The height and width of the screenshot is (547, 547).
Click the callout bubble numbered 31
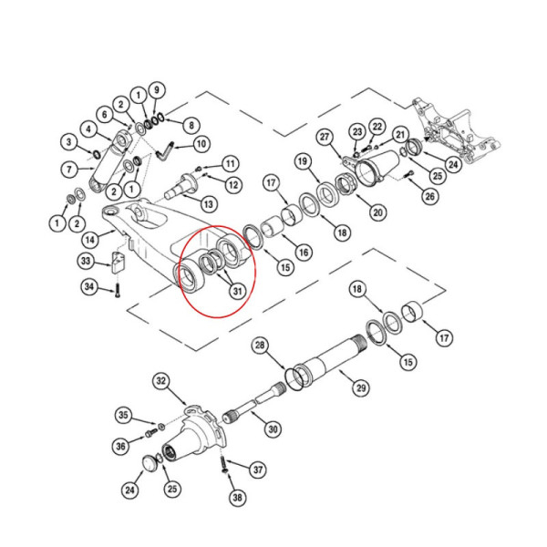(x=237, y=292)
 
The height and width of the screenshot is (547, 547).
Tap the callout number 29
(x=361, y=388)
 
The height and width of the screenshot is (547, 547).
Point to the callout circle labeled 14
(x=89, y=240)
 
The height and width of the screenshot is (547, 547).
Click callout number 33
(x=86, y=262)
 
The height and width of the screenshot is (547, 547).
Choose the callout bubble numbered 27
(x=324, y=137)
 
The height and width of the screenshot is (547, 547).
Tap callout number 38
(x=237, y=499)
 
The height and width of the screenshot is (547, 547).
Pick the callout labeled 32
(x=162, y=379)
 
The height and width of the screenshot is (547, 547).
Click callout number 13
(x=209, y=203)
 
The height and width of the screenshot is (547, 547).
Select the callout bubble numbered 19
(x=302, y=161)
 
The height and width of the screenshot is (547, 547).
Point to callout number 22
(x=377, y=126)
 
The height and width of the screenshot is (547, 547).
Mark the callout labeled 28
(x=261, y=346)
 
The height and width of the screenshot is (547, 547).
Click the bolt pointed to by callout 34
(x=118, y=294)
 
